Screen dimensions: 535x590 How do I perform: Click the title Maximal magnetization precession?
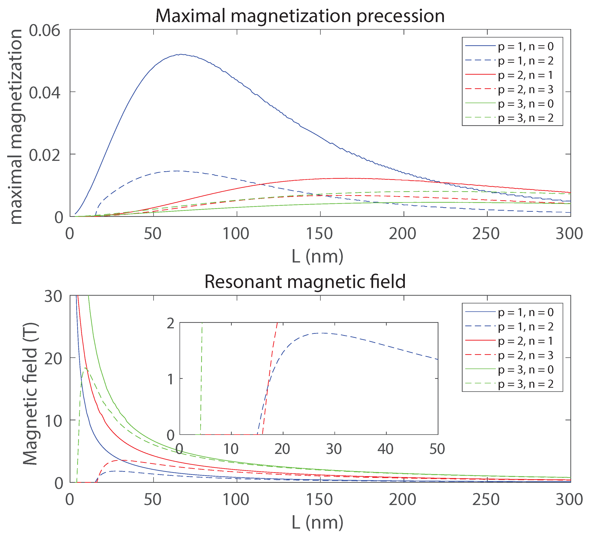[x=300, y=16]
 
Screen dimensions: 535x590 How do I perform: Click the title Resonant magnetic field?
[x=305, y=282]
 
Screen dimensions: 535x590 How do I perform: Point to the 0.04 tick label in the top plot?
[x=45, y=93]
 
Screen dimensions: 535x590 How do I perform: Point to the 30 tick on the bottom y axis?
[x=53, y=297]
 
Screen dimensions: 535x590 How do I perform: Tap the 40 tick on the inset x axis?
[x=385, y=449]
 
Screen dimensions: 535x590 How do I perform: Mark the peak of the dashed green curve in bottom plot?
[x=85, y=368]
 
